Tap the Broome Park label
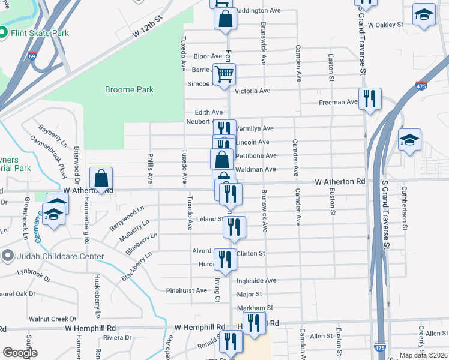point(129,90)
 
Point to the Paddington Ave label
point(258,11)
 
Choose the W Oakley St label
point(385,25)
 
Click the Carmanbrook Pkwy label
point(45,155)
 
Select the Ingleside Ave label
point(256,280)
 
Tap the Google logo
point(20,353)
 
